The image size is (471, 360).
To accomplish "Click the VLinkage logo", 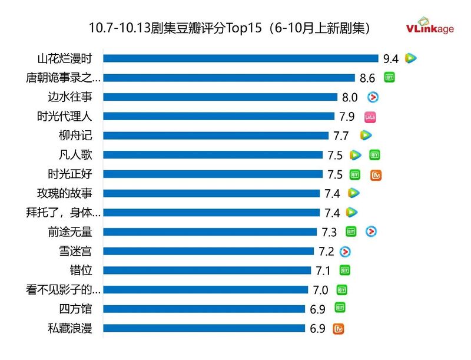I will [x=430, y=28].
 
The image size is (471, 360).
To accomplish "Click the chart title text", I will [x=230, y=28].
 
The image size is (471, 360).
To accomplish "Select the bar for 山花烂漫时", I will [x=241, y=58].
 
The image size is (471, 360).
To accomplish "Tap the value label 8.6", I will [x=367, y=78].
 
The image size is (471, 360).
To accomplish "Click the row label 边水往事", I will [x=70, y=97].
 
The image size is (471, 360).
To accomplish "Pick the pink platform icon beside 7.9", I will [x=370, y=117].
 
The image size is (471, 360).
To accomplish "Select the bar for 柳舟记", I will [x=216, y=136].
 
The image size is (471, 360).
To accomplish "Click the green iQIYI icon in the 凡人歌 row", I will [x=374, y=155].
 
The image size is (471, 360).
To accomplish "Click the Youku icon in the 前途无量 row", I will [x=371, y=232].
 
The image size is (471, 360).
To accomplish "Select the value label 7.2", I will [x=326, y=252].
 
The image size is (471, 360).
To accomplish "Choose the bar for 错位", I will [x=207, y=270].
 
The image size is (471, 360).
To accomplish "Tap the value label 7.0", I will [x=320, y=290].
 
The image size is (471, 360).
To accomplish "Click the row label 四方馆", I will [x=76, y=309].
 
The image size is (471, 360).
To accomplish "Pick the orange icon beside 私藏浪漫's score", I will [x=339, y=328].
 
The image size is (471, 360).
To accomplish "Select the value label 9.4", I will [x=391, y=58].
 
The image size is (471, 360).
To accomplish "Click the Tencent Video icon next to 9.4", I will [x=411, y=58].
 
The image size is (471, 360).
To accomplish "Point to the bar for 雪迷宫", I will [x=208, y=252].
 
